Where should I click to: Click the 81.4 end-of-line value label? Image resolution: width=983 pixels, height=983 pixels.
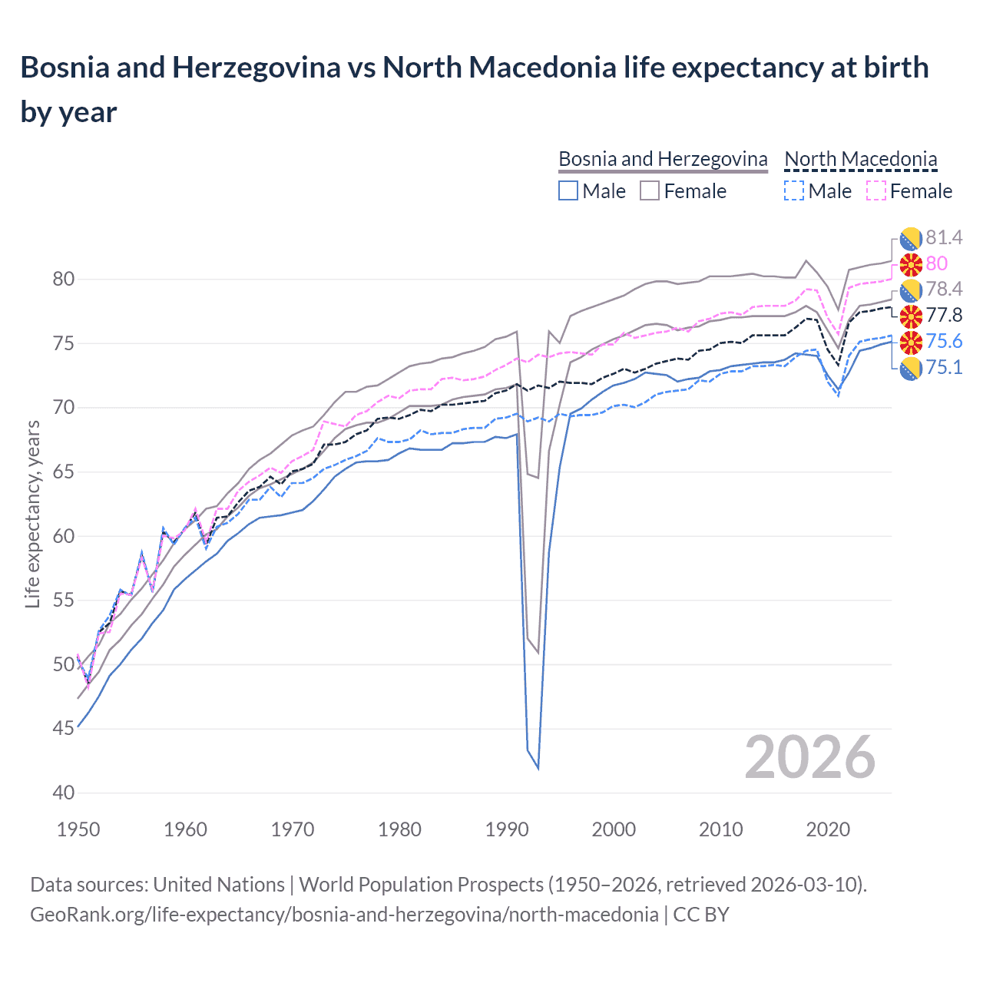point(944,237)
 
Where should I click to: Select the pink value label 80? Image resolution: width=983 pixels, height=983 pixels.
point(936,263)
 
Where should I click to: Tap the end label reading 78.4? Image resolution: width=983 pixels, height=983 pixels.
point(944,289)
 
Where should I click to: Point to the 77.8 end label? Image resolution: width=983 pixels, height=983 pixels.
point(944,315)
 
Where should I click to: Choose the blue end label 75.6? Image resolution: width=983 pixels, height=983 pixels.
point(944,341)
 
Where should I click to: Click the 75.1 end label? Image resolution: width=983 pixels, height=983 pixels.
point(944,367)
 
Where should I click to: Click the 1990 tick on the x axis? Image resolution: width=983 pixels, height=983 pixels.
point(507,829)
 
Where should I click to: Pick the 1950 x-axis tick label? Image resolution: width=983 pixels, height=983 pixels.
point(78,829)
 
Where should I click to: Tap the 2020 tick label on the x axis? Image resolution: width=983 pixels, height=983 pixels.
point(828,829)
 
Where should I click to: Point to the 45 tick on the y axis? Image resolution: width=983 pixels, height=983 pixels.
point(64,728)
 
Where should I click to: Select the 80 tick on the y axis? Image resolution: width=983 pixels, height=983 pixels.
point(64,279)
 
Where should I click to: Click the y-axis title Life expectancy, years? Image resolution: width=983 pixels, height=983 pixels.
point(32,515)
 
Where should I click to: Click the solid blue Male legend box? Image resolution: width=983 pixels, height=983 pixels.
point(568,190)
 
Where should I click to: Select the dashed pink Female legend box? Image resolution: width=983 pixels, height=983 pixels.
point(875,190)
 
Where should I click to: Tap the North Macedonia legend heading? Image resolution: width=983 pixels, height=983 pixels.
point(860,159)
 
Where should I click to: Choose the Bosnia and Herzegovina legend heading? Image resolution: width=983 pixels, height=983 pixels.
point(663,159)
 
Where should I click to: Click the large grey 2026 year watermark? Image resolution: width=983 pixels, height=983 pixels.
point(809,757)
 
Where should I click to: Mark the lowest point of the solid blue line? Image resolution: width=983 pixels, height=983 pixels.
point(538,768)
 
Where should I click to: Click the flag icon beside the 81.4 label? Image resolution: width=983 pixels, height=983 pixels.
point(911,238)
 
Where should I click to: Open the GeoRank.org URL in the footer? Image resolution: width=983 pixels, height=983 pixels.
point(344,915)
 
